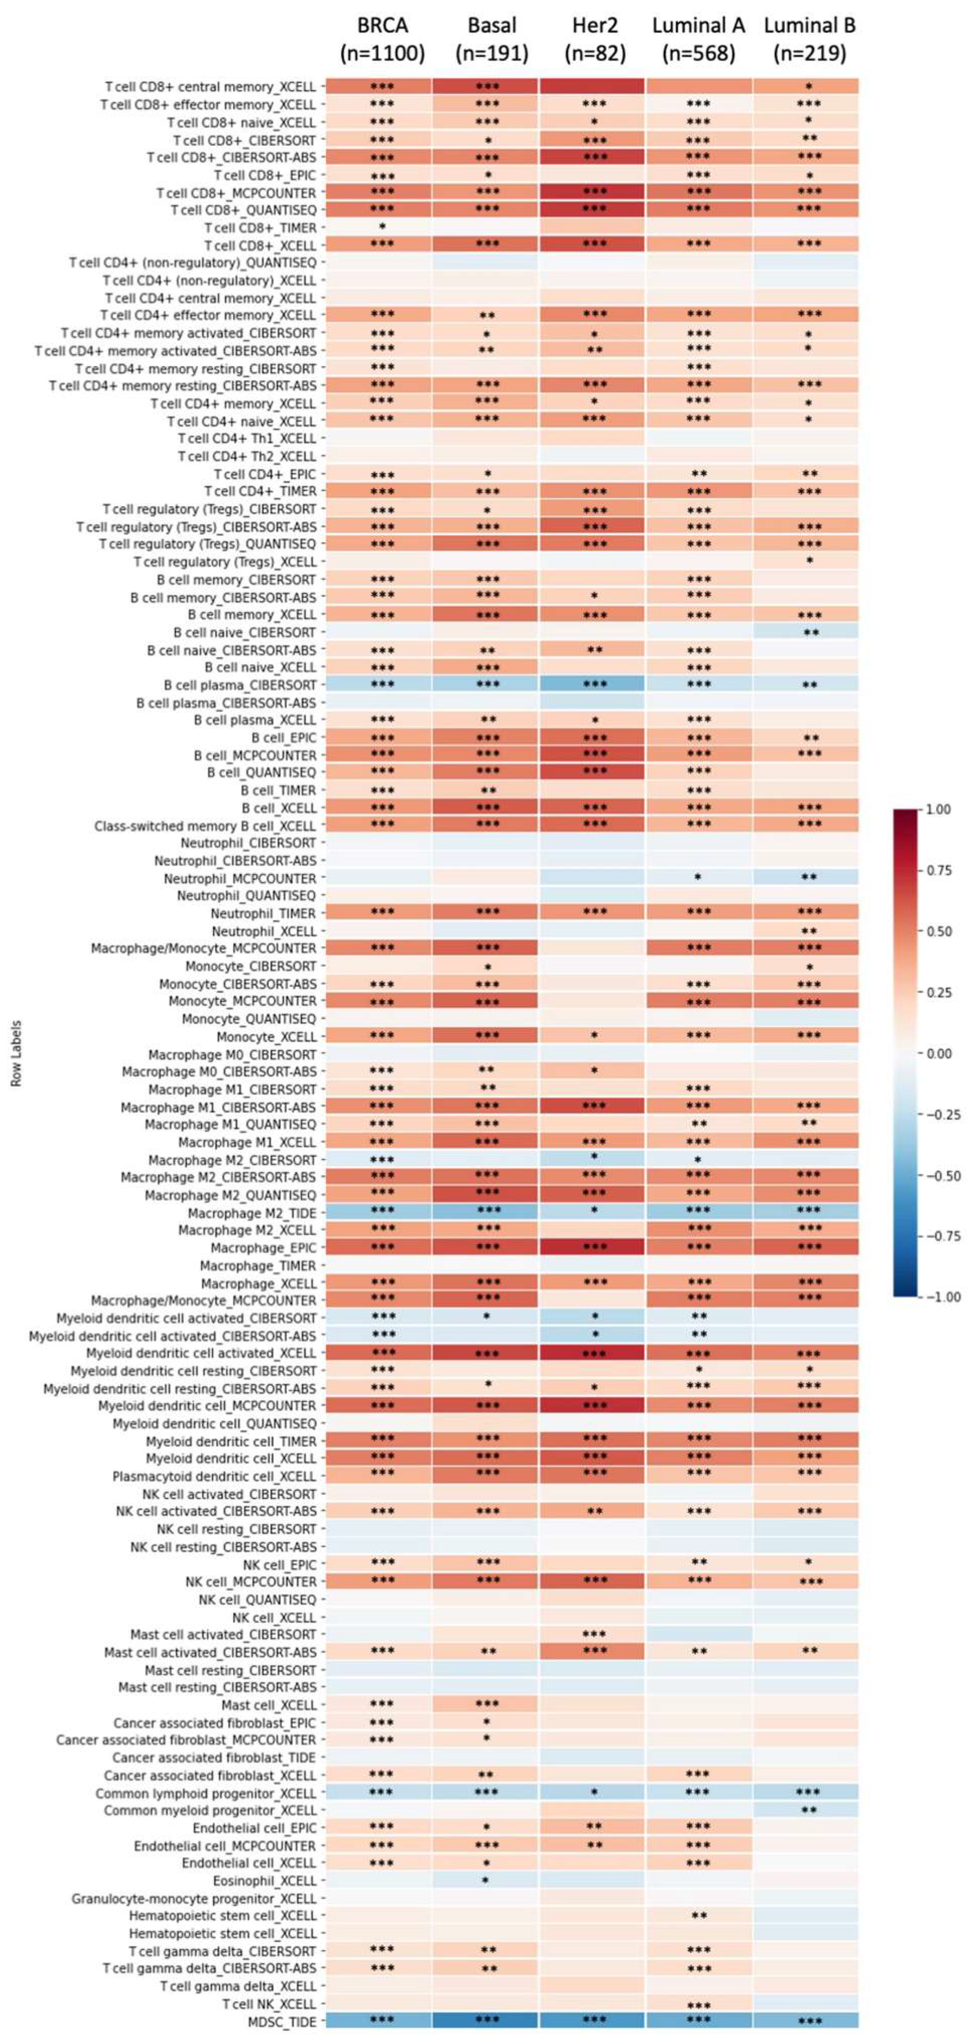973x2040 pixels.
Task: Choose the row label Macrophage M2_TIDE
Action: [252, 1212]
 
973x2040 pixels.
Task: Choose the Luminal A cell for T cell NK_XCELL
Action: [699, 2004]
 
